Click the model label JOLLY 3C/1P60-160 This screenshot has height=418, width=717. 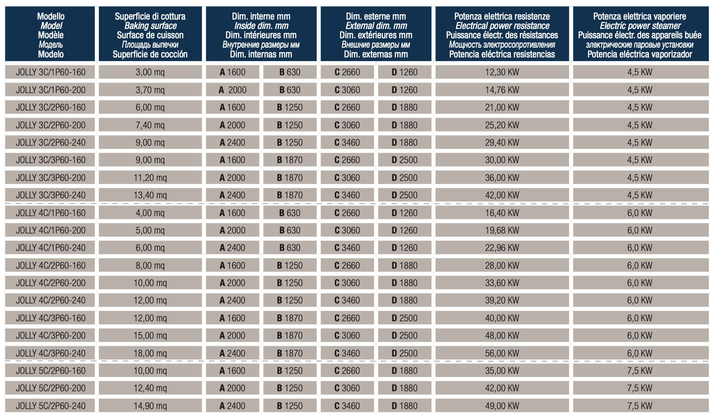51,72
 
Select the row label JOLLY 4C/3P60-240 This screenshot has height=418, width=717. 51,353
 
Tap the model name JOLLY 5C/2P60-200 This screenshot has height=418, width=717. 51,388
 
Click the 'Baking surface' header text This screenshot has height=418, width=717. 151,26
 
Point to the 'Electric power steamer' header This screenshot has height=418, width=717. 640,26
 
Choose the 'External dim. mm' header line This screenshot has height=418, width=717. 376,26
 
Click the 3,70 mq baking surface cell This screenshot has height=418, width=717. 150,90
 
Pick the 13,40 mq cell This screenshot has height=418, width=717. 150,195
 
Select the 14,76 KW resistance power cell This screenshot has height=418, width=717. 502,90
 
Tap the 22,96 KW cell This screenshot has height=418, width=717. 502,248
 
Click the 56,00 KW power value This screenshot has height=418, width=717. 502,353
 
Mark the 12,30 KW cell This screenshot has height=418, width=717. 502,72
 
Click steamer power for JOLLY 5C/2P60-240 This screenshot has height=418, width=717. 640,406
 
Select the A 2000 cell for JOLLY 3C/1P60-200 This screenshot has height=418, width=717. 232,90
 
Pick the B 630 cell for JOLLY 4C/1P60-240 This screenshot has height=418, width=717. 289,248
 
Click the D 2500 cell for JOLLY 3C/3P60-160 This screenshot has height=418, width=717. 404,160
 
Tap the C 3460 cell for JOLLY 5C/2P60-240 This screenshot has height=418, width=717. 347,406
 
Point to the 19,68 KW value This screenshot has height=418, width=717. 502,230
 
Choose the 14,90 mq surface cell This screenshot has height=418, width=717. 150,406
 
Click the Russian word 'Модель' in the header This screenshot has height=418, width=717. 51,45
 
